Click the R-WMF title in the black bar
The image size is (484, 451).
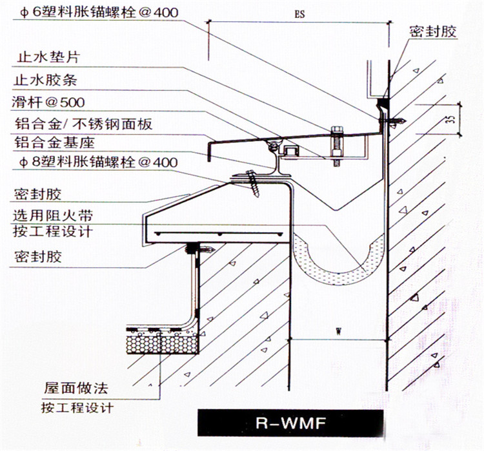pyautogui.click(x=290, y=423)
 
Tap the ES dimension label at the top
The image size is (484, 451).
pyautogui.click(x=299, y=14)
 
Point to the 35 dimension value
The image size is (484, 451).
pyautogui.click(x=451, y=119)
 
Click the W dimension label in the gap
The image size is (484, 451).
pyautogui.click(x=339, y=332)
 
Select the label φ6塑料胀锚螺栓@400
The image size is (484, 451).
pyautogui.click(x=99, y=12)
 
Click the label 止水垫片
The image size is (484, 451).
pyautogui.click(x=48, y=57)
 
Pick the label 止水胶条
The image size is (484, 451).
pyautogui.click(x=45, y=80)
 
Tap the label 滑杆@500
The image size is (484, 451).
pyautogui.click(x=48, y=102)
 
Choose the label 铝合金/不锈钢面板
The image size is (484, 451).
pyautogui.click(x=83, y=124)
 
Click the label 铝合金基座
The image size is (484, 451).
pyautogui.click(x=54, y=142)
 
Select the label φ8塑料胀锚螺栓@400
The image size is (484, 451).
pyautogui.click(x=99, y=162)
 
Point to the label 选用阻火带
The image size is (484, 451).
pyautogui.click(x=53, y=215)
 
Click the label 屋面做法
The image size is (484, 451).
pyautogui.click(x=76, y=388)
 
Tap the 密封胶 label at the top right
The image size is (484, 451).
pyautogui.click(x=433, y=32)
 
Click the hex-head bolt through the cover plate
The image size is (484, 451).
pyautogui.click(x=337, y=146)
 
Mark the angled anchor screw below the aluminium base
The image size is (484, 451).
pyautogui.click(x=253, y=184)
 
